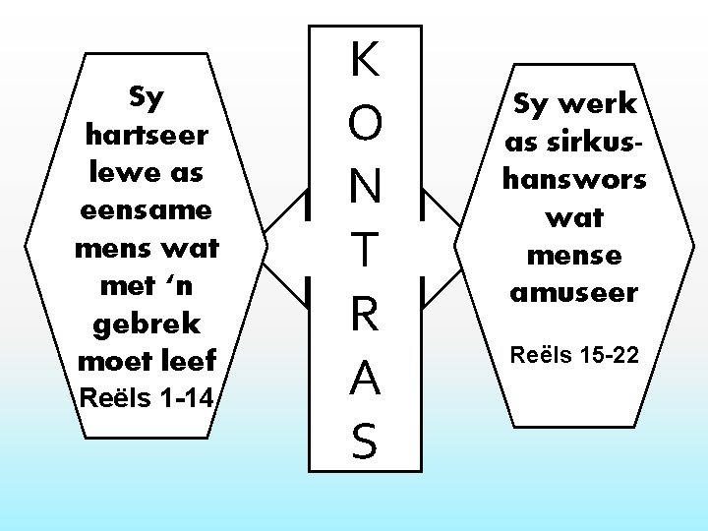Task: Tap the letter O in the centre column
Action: pyautogui.click(x=365, y=126)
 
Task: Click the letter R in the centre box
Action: pyautogui.click(x=365, y=316)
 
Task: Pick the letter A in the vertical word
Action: pyautogui.click(x=365, y=379)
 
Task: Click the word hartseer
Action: pyautogui.click(x=146, y=134)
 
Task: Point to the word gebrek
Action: pyautogui.click(x=146, y=324)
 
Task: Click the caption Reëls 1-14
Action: pyautogui.click(x=146, y=398)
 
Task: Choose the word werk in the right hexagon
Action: pyautogui.click(x=602, y=103)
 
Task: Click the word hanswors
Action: pyautogui.click(x=575, y=179)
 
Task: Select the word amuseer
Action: pyautogui.click(x=575, y=293)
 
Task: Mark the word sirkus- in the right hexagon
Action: pyautogui.click(x=575, y=142)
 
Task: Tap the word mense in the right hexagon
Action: pyautogui.click(x=575, y=256)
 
